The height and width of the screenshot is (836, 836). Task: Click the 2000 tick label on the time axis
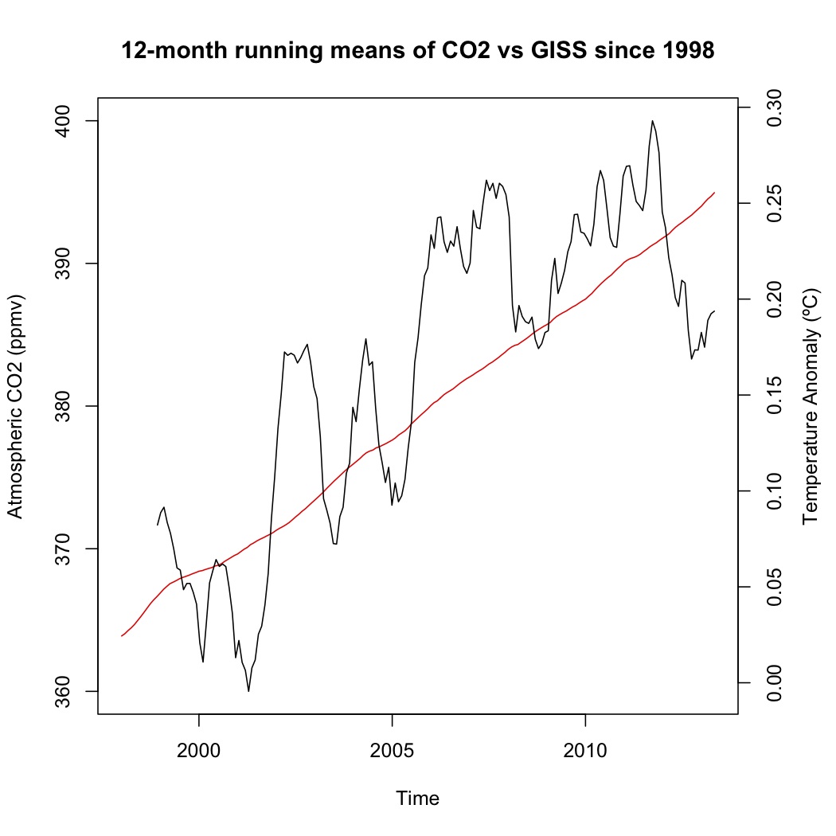(x=199, y=750)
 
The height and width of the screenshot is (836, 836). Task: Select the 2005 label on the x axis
(x=393, y=750)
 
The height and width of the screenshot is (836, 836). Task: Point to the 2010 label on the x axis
(x=585, y=750)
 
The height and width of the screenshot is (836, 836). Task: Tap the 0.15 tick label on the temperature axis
(x=773, y=395)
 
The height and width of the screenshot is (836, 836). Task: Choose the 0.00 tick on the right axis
(x=773, y=683)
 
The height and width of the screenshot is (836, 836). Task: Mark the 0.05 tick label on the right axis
(x=773, y=587)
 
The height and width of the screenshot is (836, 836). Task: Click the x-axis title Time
(x=418, y=798)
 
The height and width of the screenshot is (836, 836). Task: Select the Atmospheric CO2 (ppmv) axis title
(x=17, y=406)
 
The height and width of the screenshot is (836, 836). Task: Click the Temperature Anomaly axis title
(x=811, y=406)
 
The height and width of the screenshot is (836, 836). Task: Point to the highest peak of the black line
(x=653, y=121)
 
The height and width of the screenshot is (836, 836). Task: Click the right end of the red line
(x=715, y=192)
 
